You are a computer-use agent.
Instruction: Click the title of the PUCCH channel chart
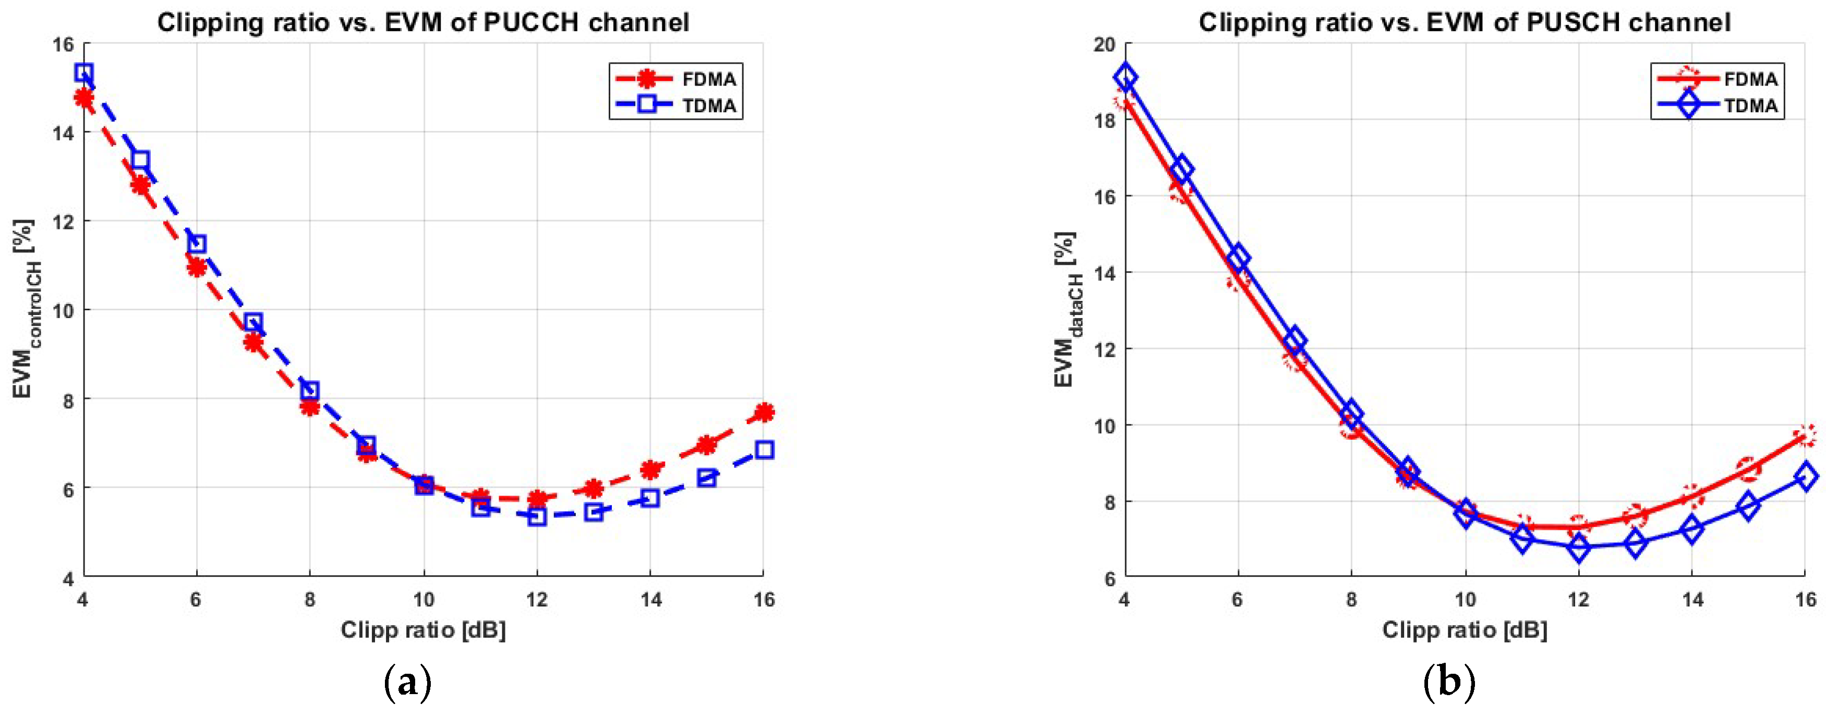pos(422,23)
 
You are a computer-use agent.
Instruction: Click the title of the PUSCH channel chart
pos(1465,23)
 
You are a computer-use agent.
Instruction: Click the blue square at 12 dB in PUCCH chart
pos(537,516)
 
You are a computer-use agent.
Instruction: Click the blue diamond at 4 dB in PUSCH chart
pos(1126,78)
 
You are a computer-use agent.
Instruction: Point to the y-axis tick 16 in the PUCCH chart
pos(63,44)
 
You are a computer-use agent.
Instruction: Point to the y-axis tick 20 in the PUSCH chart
pos(1104,44)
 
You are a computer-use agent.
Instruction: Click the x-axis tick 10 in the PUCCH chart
pos(423,600)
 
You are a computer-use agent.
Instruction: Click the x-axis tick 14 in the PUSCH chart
pos(1692,600)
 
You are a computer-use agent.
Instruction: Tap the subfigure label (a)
pos(407,683)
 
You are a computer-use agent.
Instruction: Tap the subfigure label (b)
pos(1449,683)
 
